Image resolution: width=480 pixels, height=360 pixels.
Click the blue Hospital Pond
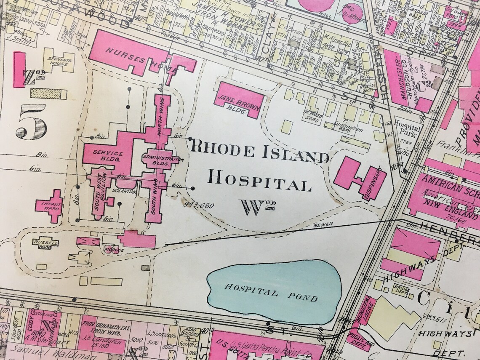click(x=274, y=291)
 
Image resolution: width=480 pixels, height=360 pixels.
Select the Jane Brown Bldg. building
click(x=239, y=100)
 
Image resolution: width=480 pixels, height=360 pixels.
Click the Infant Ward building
click(x=49, y=206)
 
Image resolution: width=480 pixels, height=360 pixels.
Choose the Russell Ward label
click(x=43, y=244)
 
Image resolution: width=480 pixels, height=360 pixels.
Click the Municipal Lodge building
click(x=360, y=315)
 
